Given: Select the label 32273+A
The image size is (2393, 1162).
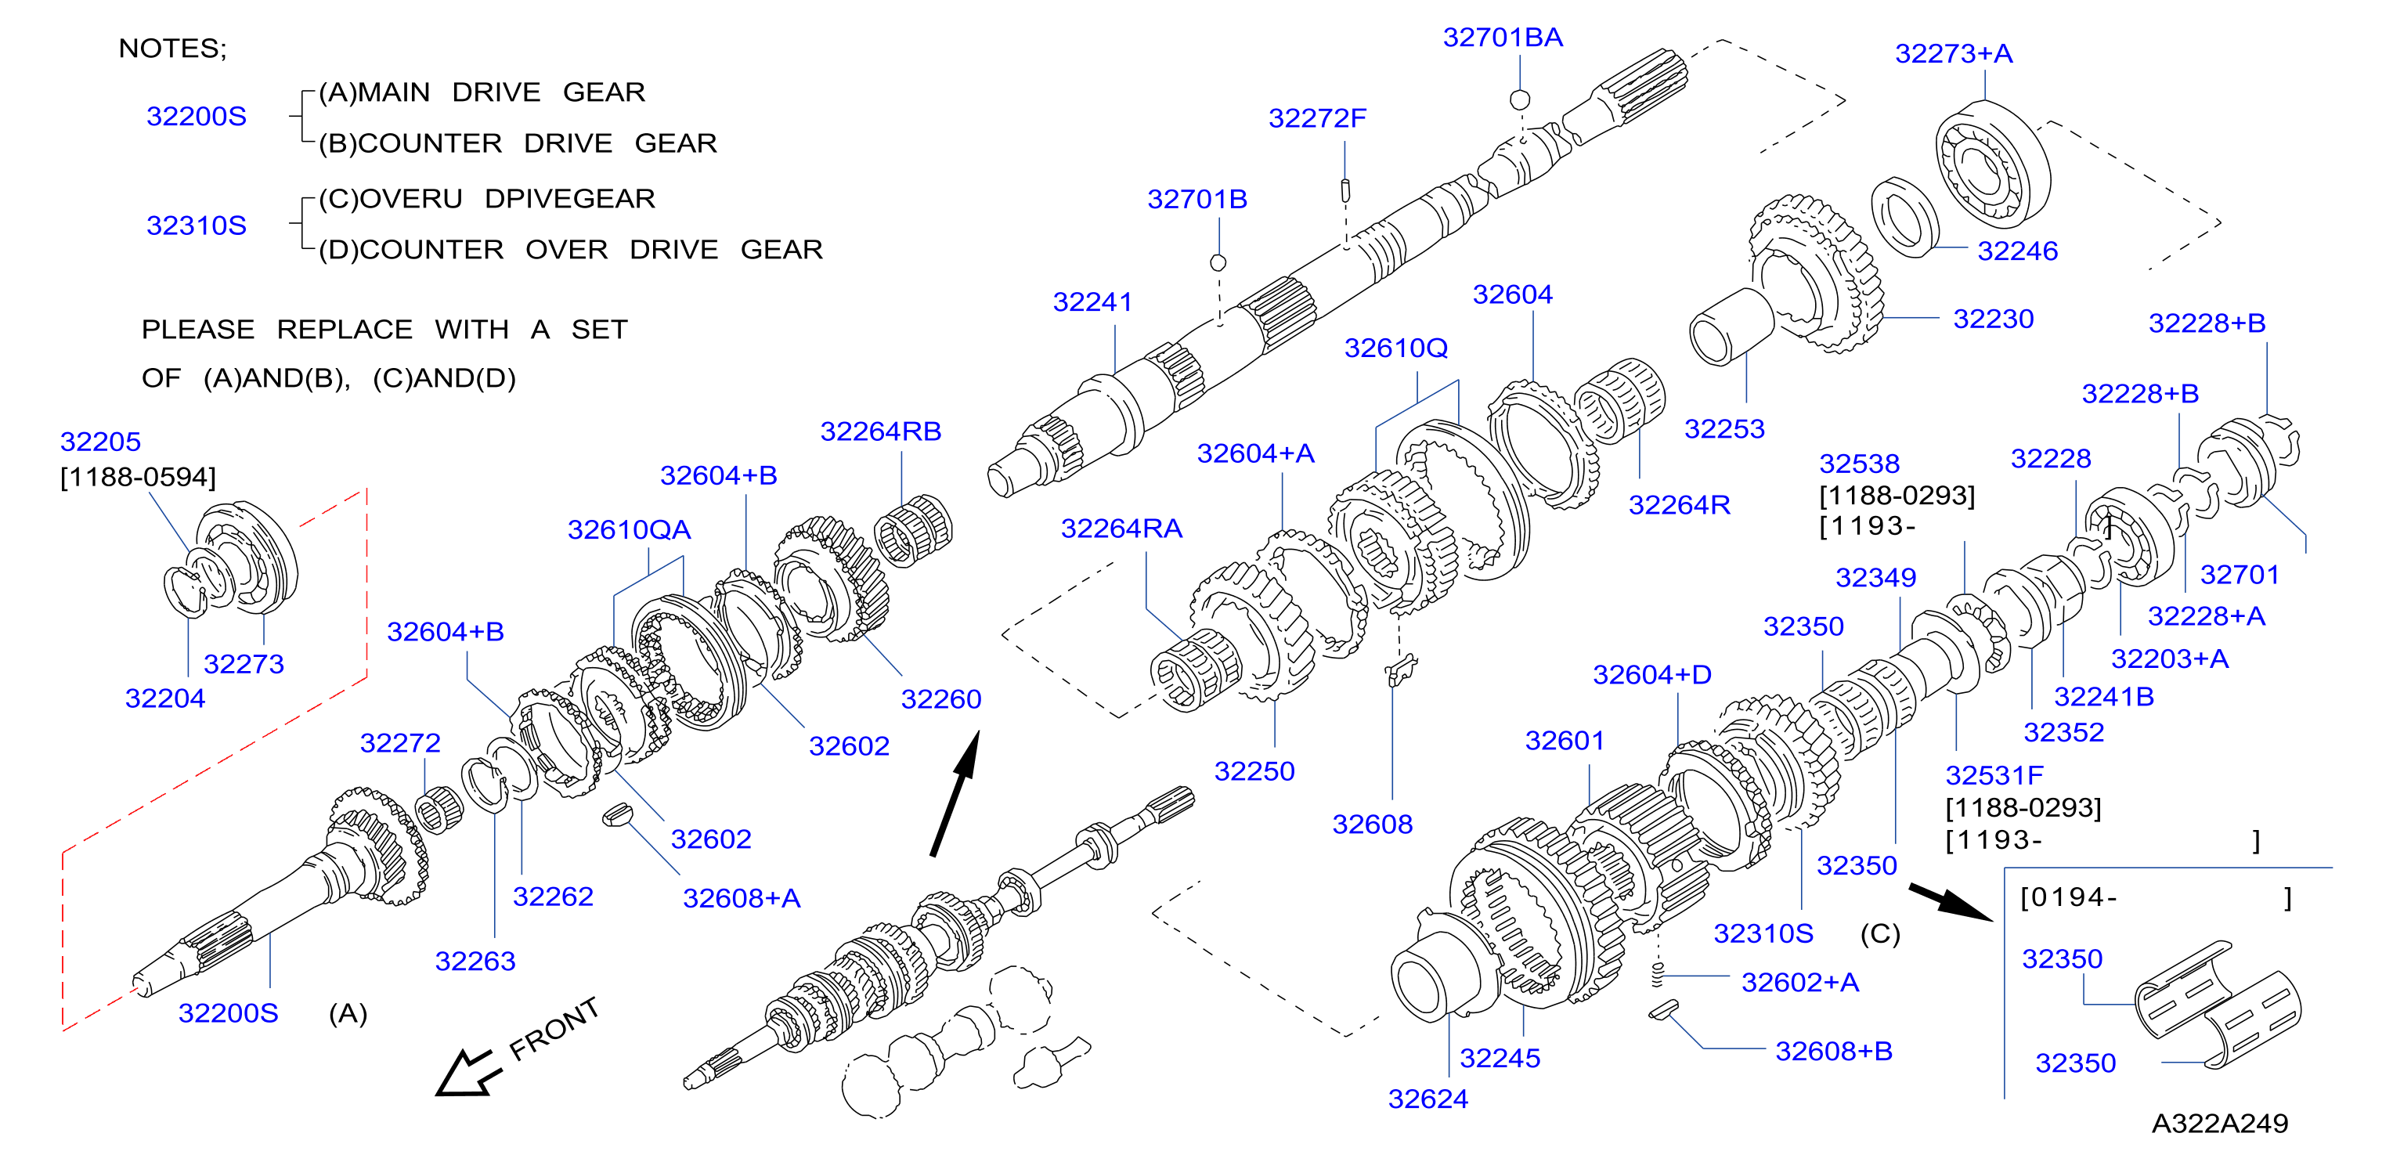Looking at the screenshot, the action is click(1954, 54).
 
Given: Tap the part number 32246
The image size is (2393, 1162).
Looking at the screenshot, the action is click(2017, 251).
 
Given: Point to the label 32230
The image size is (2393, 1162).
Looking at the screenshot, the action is click(1993, 319).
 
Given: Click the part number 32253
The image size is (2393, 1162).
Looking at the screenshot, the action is click(1724, 429).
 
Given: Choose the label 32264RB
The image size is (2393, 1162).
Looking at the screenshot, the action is click(881, 432).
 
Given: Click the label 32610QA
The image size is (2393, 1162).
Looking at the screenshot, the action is click(629, 530).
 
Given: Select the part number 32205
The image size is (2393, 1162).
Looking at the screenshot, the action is click(100, 442).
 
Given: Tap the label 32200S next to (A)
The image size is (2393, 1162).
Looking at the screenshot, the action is click(228, 1013).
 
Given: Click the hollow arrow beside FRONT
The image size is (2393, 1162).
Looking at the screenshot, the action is click(469, 1074).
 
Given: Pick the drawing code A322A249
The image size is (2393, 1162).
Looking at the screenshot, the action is click(2219, 1124).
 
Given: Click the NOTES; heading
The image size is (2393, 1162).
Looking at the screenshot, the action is click(173, 49).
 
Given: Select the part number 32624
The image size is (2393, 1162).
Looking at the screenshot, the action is click(1427, 1100).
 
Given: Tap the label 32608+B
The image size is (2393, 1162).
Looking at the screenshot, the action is click(1834, 1052).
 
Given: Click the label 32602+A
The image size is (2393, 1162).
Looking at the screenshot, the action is click(1799, 983).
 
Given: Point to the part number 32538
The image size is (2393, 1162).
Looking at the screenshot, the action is click(1859, 464).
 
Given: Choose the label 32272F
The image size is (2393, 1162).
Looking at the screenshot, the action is click(1317, 119).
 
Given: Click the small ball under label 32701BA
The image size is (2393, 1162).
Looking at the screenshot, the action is click(1520, 99).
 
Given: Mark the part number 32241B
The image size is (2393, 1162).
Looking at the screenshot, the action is click(2103, 697).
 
